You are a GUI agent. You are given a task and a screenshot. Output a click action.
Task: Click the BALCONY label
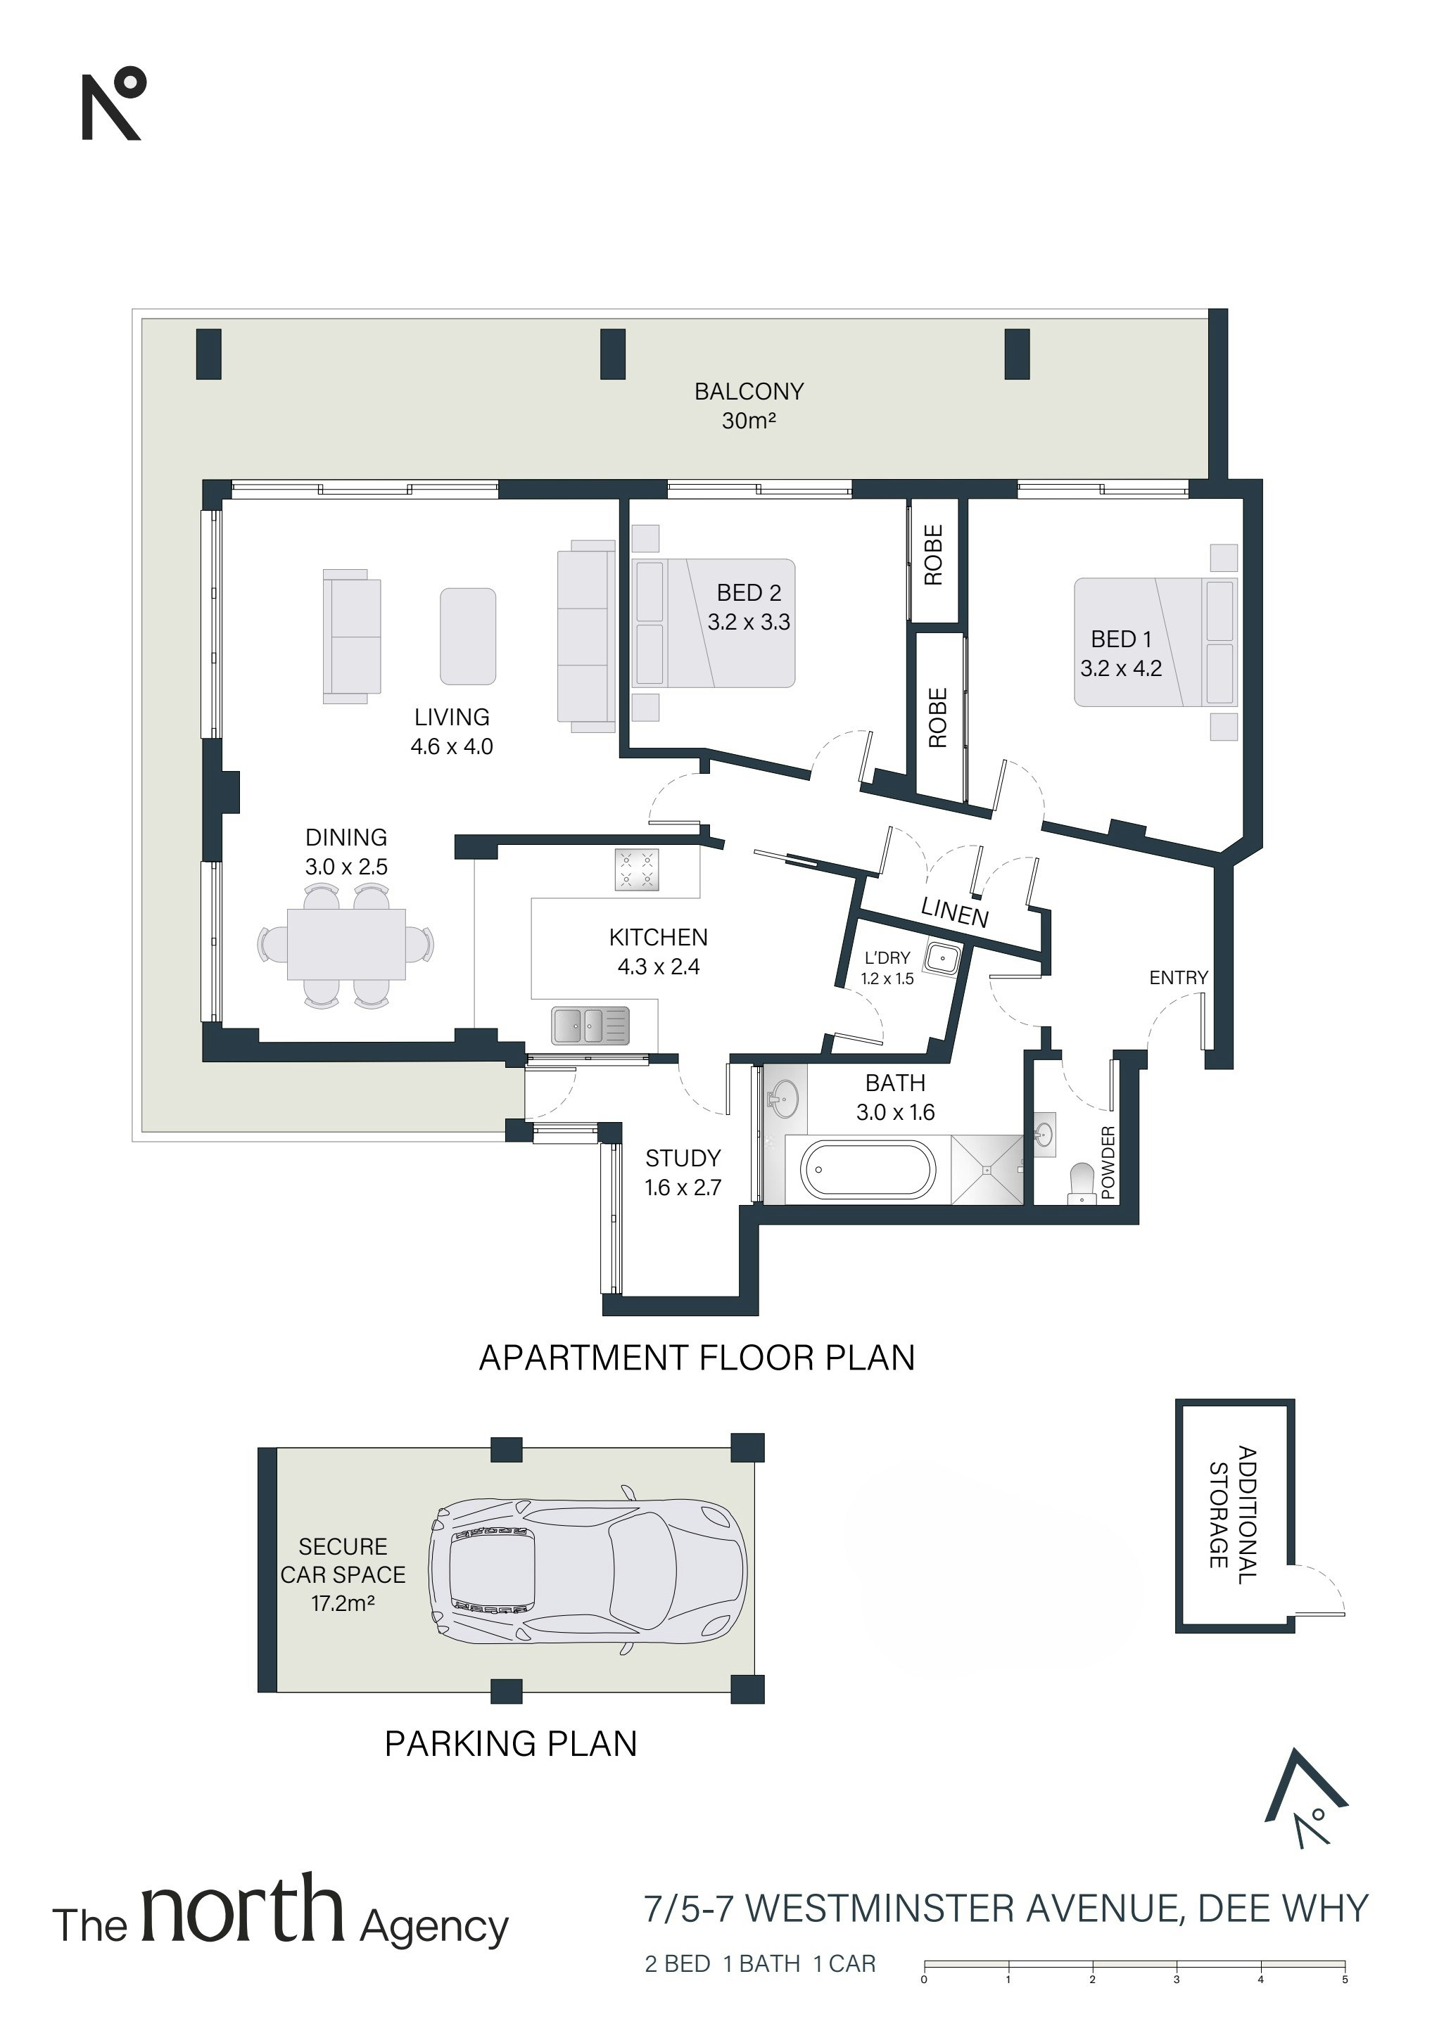click(x=749, y=391)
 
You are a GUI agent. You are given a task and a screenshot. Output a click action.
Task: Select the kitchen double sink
click(x=590, y=1026)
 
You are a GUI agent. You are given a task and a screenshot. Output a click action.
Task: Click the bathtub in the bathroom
click(x=867, y=1170)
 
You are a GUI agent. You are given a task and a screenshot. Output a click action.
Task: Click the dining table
click(x=346, y=944)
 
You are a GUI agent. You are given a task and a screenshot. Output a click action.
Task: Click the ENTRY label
click(x=1178, y=978)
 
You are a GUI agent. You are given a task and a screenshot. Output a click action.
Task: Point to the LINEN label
click(x=954, y=910)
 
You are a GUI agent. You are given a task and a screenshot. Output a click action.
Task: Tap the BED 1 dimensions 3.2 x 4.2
click(x=1120, y=668)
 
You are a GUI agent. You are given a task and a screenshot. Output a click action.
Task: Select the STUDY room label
click(x=683, y=1158)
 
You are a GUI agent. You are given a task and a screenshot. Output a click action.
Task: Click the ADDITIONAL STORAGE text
click(x=1231, y=1515)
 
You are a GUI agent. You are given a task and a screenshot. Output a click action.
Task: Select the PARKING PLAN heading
click(x=510, y=1744)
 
